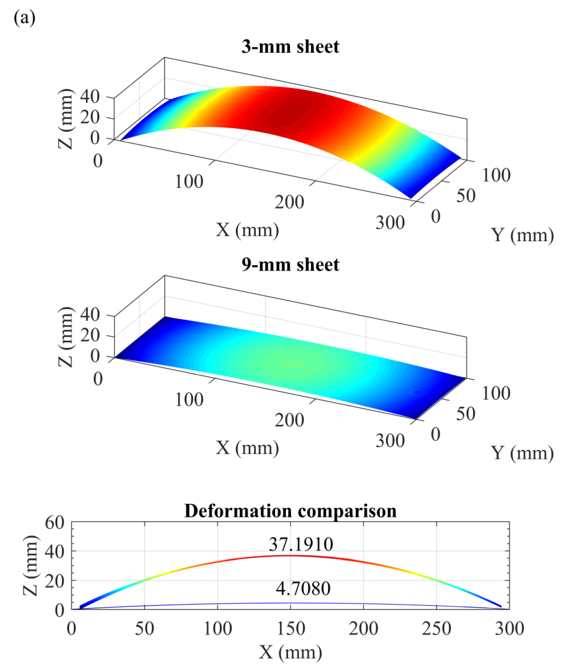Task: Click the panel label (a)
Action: click(x=25, y=19)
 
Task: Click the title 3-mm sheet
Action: click(x=290, y=47)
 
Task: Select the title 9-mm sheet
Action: click(x=290, y=265)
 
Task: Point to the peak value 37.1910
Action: click(x=301, y=544)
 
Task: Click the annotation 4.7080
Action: click(x=303, y=588)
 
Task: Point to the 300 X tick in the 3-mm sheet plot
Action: click(x=390, y=222)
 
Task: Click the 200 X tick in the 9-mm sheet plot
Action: click(x=289, y=420)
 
